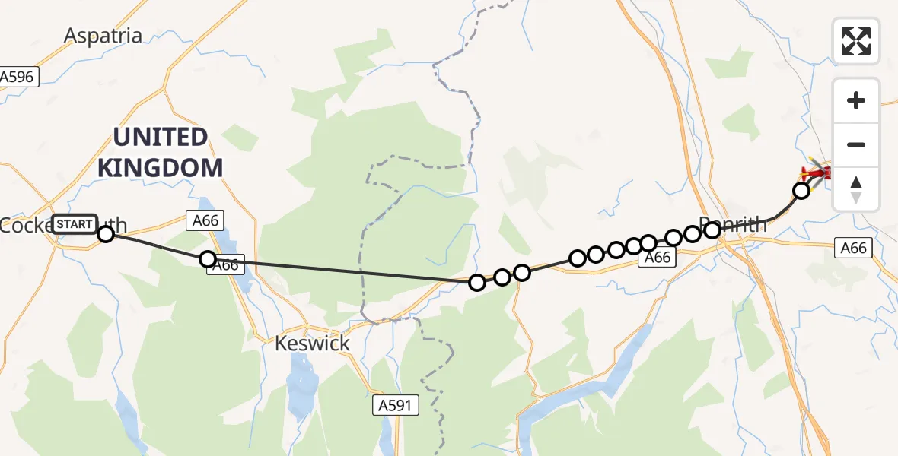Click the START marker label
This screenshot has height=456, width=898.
[75, 224]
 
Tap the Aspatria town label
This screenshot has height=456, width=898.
[103, 36]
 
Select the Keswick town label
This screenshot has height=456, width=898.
[313, 344]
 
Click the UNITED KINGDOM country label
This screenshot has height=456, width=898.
[161, 152]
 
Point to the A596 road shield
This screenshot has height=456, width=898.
[17, 76]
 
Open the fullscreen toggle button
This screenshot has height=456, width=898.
[856, 41]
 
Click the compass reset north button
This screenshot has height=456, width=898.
[856, 189]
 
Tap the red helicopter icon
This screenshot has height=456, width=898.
[815, 173]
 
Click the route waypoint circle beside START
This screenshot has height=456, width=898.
[106, 233]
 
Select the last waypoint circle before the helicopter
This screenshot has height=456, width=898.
[801, 191]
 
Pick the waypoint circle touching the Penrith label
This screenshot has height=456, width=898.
[712, 229]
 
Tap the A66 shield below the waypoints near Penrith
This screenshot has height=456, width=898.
[657, 258]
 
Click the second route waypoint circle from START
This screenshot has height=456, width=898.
[208, 259]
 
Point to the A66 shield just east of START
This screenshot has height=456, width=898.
[204, 220]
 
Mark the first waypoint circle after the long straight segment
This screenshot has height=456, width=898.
[477, 283]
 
